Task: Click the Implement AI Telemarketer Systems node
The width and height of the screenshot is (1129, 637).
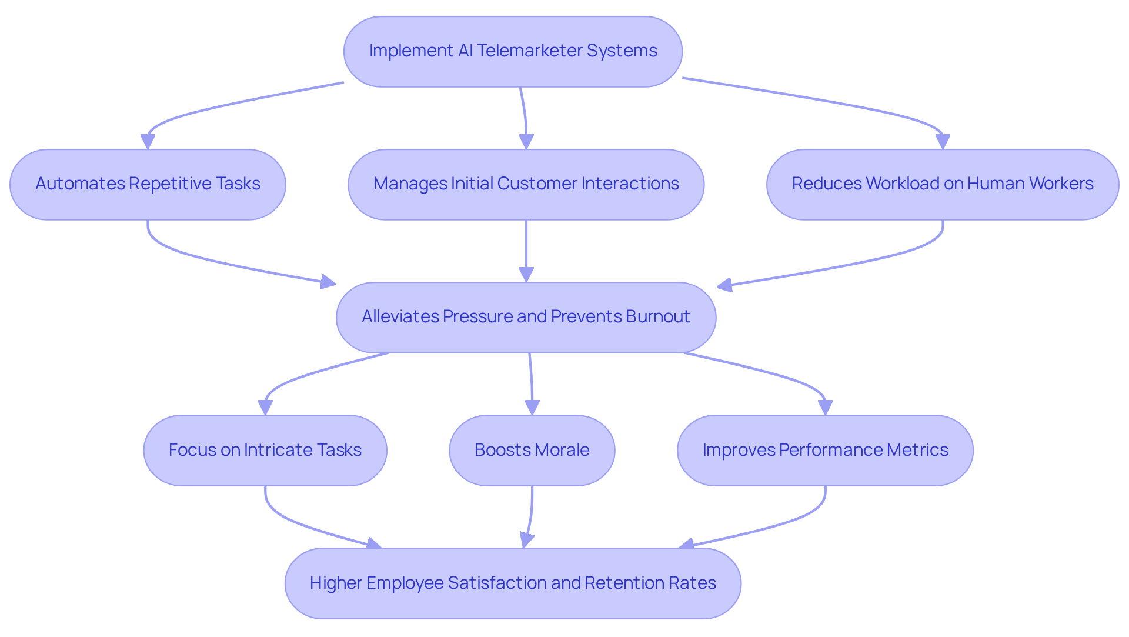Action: click(x=513, y=52)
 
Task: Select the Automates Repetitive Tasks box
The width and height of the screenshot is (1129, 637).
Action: click(x=148, y=184)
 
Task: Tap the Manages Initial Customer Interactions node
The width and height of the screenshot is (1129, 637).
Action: click(x=526, y=184)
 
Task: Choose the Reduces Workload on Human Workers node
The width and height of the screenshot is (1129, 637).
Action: click(x=942, y=184)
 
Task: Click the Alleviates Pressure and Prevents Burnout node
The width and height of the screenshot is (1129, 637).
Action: click(x=526, y=317)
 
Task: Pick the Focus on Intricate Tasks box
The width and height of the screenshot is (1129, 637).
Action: click(x=265, y=450)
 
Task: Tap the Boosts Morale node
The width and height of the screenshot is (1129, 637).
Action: click(x=532, y=450)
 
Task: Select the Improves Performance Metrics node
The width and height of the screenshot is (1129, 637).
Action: click(x=824, y=450)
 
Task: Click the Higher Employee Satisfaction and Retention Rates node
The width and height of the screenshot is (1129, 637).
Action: click(x=512, y=583)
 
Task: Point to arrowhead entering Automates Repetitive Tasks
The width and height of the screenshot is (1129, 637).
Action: click(x=148, y=142)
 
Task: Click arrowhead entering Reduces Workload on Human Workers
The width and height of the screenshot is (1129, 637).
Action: click(x=943, y=142)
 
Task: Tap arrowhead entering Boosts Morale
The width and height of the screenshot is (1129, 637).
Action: click(x=532, y=408)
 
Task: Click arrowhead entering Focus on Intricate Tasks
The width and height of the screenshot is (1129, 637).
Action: click(x=265, y=408)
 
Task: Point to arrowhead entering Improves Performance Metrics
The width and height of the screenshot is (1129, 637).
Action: click(x=825, y=408)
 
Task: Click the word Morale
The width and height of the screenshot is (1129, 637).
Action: click(x=562, y=450)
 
